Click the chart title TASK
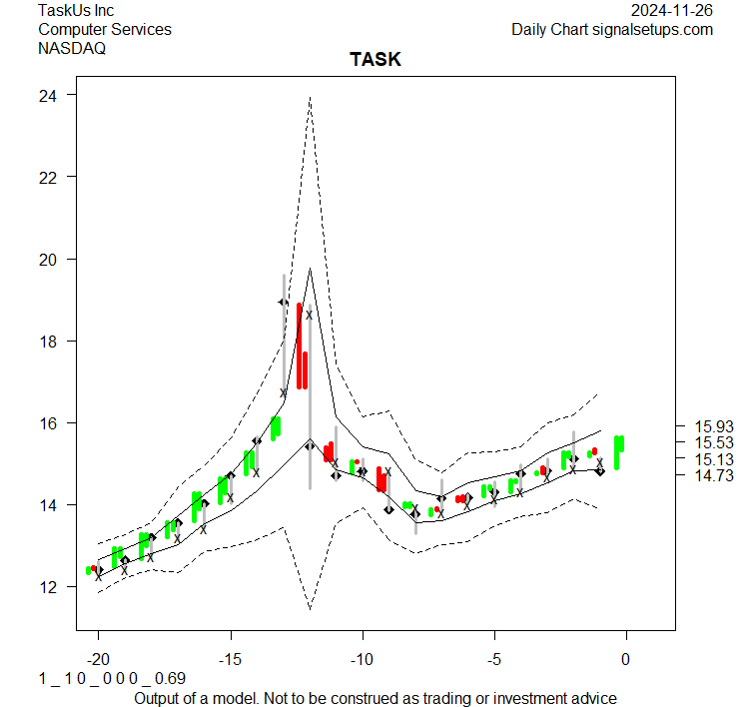click(x=375, y=60)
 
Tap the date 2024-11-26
click(x=672, y=11)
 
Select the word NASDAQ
click(x=72, y=48)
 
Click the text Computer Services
click(x=105, y=30)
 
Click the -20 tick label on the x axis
click(x=98, y=660)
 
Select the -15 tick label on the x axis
click(x=231, y=660)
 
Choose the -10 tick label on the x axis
click(x=363, y=660)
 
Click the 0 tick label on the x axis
click(x=626, y=660)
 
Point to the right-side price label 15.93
click(x=713, y=425)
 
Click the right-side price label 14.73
click(x=713, y=475)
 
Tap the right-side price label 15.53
click(x=713, y=442)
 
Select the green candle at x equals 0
click(x=619, y=450)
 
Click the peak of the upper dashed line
click(x=311, y=98)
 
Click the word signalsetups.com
click(x=652, y=30)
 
